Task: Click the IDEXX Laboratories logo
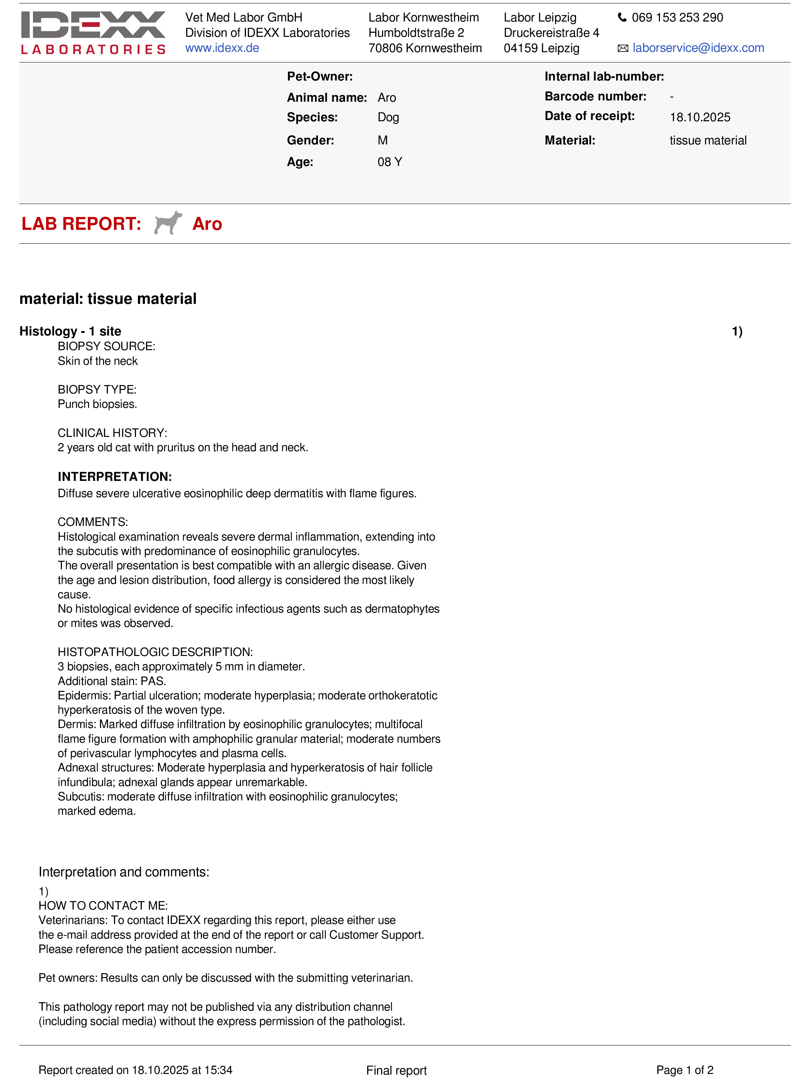tap(93, 33)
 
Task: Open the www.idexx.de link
tap(222, 48)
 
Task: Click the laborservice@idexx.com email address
tap(698, 48)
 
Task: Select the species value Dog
tap(388, 118)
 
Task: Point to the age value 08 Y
tap(389, 162)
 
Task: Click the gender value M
tap(382, 140)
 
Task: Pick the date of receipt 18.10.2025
tap(700, 117)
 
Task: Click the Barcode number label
tap(595, 97)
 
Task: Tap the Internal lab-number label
tap(604, 76)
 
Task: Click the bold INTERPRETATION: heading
tap(114, 477)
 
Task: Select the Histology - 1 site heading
tap(70, 331)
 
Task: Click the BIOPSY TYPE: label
tap(97, 390)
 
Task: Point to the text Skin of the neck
tap(97, 361)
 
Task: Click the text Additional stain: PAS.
tap(112, 681)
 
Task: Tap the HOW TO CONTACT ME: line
tap(103, 906)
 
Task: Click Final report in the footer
tap(396, 1071)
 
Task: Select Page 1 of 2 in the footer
tap(684, 1070)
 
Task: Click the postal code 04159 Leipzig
tap(541, 48)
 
